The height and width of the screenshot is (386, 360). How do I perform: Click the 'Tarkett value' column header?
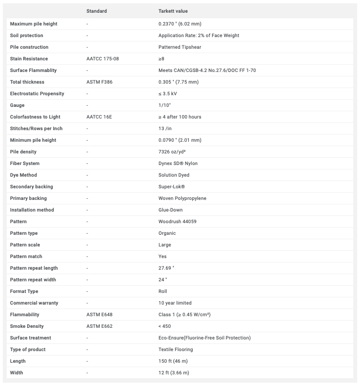pos(173,11)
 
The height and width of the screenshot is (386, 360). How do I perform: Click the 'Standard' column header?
pos(97,11)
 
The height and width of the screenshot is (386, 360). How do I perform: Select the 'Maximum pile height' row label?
pos(33,24)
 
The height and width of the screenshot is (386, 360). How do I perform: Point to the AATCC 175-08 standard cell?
pos(102,59)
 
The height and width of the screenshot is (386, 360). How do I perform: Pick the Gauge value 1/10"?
pos(164,105)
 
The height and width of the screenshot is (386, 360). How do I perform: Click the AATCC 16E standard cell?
pos(99,117)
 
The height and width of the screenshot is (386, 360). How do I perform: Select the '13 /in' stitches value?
pos(166,128)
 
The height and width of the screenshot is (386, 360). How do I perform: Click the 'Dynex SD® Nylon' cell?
pos(178,163)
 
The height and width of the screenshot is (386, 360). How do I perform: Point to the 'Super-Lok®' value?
pos(171,187)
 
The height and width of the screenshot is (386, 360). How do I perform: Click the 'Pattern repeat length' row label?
pos(33,268)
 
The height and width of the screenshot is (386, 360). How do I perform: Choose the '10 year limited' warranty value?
pos(176,303)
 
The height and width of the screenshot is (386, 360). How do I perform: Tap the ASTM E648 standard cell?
pos(99,315)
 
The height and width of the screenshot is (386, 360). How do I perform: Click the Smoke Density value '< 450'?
pos(165,326)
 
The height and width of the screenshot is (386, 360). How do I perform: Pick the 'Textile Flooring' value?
pos(176,349)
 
